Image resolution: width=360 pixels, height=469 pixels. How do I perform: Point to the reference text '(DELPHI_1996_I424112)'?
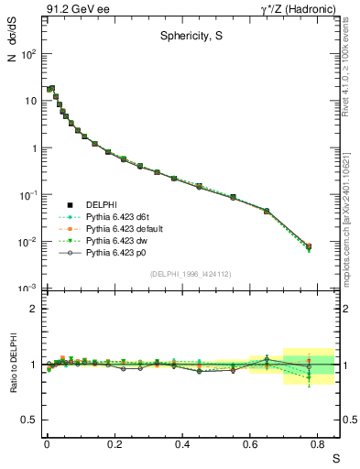191,274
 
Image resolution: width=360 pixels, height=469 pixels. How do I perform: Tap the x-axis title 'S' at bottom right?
334,458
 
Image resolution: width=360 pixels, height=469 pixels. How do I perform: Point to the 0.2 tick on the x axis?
114,442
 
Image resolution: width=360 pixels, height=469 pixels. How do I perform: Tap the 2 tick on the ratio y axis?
33,309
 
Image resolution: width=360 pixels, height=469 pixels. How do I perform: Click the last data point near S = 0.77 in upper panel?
309,246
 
